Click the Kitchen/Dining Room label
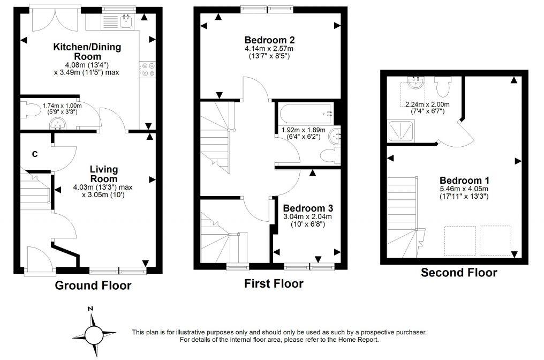coord(87,51)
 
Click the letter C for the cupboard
coord(34,154)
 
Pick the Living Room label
coord(104,174)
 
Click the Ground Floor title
coord(93,286)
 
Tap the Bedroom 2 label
coord(269,40)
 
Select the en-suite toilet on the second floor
coord(443,86)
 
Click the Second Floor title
coord(459,273)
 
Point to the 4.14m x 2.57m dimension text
coord(269,49)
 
